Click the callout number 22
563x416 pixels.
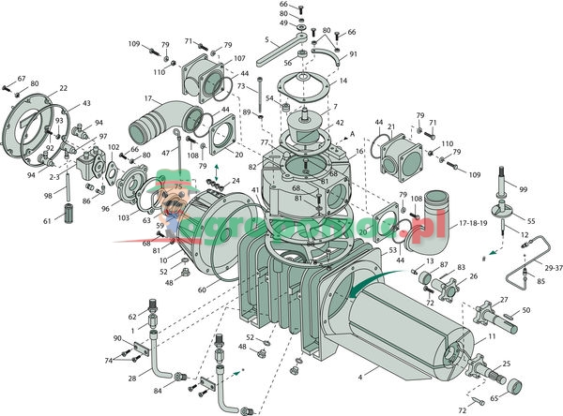(63, 89)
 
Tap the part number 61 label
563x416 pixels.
(46, 221)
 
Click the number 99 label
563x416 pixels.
(523, 189)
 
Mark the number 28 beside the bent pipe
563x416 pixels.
(132, 378)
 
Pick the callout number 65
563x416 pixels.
(521, 398)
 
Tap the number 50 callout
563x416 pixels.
(525, 310)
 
